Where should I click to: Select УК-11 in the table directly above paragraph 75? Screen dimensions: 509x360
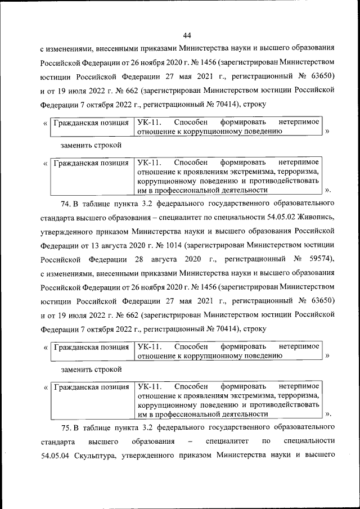click(148, 386)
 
